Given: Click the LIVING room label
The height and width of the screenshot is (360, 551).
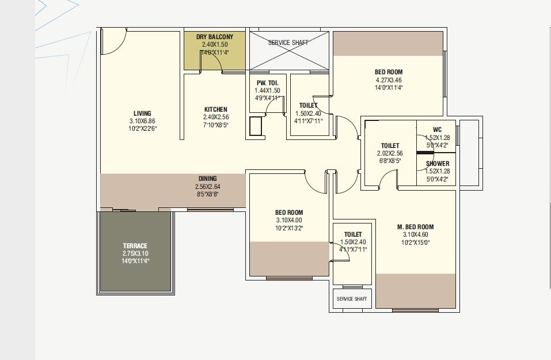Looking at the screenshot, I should click(143, 113).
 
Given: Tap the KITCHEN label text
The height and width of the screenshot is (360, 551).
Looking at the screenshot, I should click(215, 109).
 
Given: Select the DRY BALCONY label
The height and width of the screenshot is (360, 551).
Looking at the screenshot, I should click(215, 37).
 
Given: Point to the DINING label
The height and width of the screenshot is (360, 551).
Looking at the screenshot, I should click(207, 179).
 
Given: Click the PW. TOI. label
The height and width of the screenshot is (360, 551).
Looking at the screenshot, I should click(267, 83).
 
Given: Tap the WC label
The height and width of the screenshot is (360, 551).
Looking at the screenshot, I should click(437, 130).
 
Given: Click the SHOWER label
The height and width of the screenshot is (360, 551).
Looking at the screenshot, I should click(438, 164).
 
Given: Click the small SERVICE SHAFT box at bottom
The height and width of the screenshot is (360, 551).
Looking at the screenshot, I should click(352, 299).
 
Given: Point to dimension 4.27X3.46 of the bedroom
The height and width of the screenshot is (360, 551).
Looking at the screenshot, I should click(389, 80).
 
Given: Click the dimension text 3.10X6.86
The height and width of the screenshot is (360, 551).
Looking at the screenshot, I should click(143, 121).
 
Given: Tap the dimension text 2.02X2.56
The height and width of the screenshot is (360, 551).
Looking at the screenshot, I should click(390, 153).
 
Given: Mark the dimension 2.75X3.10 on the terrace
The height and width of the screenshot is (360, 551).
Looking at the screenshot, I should click(135, 253).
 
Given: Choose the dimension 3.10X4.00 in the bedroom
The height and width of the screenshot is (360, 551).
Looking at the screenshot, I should click(288, 220).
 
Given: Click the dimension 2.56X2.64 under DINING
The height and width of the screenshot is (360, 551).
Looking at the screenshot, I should click(207, 187).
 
